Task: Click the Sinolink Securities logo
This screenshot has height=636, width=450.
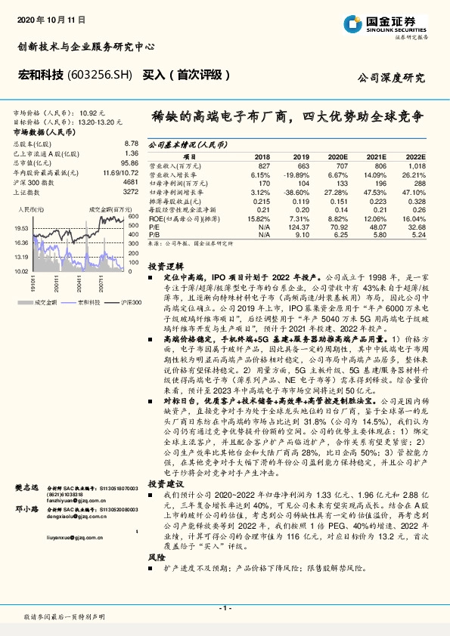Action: click(x=393, y=23)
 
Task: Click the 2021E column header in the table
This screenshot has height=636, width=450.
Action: click(x=376, y=154)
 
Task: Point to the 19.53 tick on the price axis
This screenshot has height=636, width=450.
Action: click(x=21, y=227)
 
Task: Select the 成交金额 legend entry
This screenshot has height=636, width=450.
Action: click(x=46, y=301)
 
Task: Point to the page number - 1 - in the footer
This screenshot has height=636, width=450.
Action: click(x=224, y=607)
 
